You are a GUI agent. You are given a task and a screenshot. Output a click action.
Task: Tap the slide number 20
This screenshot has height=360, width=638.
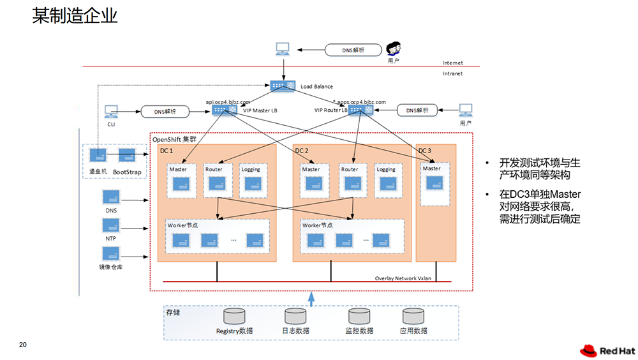(x=23, y=345)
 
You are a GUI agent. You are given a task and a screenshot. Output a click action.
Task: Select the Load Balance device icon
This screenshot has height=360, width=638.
(x=281, y=86)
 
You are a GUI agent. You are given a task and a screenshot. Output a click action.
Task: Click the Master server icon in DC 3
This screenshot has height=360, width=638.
(x=435, y=182)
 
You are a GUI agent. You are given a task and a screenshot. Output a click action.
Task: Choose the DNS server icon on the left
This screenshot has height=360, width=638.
(x=111, y=197)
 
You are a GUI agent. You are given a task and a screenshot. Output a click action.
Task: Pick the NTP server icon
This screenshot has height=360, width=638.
(x=111, y=225)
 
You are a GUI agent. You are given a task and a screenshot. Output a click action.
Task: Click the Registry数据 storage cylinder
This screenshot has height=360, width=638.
(x=234, y=317)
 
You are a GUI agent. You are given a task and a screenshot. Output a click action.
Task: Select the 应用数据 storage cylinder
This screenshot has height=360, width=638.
(x=413, y=317)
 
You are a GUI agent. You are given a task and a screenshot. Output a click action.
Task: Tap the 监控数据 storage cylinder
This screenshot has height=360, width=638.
(x=359, y=317)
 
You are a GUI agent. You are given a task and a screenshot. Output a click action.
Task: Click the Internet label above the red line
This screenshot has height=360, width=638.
(x=452, y=63)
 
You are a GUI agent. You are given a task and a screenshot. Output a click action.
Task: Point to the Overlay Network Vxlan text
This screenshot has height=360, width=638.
(x=413, y=278)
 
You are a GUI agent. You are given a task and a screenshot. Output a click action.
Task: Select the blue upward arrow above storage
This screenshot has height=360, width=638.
(x=311, y=298)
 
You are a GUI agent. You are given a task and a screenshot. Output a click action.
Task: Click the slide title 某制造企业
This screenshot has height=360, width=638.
(x=75, y=16)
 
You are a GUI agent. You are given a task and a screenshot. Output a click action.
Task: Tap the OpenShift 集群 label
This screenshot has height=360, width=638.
(x=174, y=139)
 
